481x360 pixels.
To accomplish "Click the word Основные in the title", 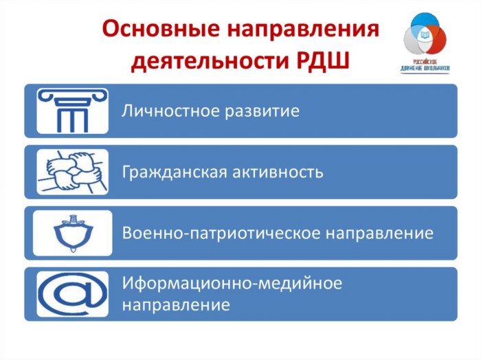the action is tap(161, 29).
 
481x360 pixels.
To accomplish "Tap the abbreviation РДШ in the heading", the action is tap(323, 60).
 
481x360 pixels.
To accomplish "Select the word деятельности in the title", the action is tap(210, 61).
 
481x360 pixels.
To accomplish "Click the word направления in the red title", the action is tap(303, 30).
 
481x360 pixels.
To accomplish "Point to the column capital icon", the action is tap(73, 111).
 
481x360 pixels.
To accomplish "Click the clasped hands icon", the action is tap(73, 172).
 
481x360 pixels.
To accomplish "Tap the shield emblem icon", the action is tap(73, 233).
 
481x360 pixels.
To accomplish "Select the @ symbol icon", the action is tap(73, 294).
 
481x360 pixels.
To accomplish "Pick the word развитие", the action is tap(262, 111).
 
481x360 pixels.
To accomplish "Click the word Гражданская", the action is tap(175, 172).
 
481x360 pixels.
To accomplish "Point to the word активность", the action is tap(278, 172).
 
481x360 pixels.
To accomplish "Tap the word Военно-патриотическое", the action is tap(221, 233).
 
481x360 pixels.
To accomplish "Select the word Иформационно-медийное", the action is tap(232, 283).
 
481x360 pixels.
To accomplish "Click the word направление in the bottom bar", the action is tap(176, 306).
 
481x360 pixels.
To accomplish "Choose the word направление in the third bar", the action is tap(379, 234).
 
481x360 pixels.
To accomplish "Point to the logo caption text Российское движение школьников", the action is tap(425, 65).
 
